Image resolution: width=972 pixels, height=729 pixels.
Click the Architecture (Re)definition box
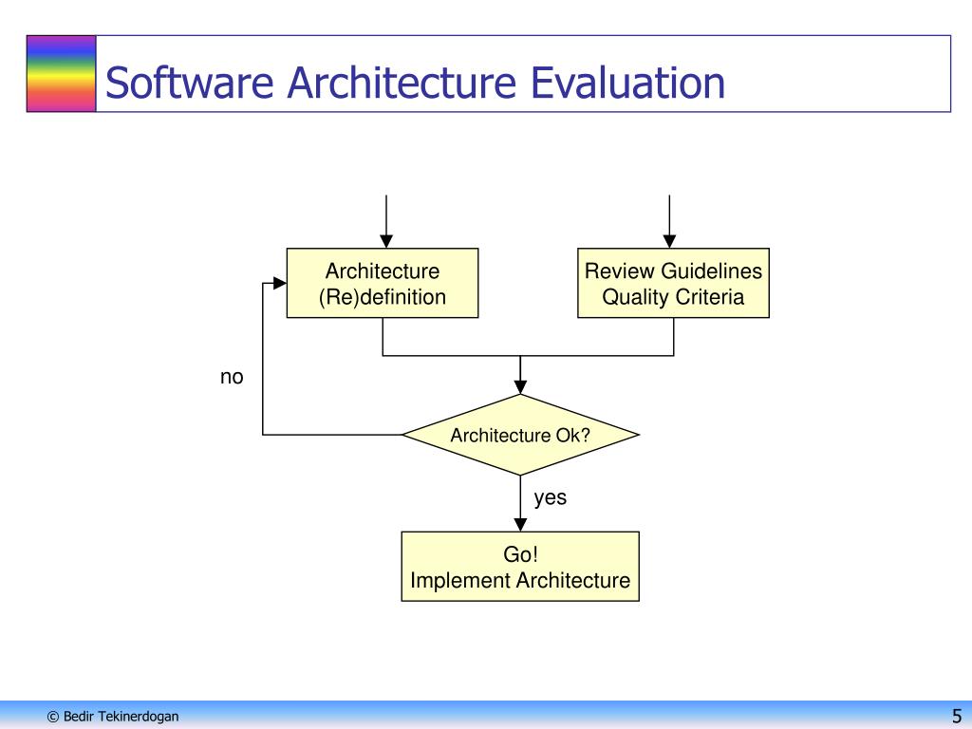[x=383, y=283]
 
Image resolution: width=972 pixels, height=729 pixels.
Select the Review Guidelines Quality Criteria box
[x=673, y=283]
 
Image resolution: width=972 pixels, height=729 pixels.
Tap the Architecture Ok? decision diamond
[x=521, y=435]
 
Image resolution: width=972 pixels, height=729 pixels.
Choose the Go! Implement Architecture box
[x=520, y=567]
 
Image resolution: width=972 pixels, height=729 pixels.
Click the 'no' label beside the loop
[x=232, y=377]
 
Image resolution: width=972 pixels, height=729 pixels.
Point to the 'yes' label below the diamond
[x=551, y=497]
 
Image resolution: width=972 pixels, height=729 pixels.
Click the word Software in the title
[x=190, y=83]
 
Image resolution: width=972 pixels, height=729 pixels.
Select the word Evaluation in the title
[x=628, y=83]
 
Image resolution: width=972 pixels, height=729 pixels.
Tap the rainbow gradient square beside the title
[x=62, y=74]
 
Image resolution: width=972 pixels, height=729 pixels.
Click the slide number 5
[x=957, y=716]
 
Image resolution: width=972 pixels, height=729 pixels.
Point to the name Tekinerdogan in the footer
[x=139, y=717]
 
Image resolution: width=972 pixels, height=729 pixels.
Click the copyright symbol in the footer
[x=53, y=717]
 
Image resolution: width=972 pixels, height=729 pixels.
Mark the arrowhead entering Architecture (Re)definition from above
[x=386, y=241]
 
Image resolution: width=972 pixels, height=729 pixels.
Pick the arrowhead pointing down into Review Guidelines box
[x=669, y=241]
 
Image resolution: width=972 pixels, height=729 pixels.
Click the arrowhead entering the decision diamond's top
[x=521, y=387]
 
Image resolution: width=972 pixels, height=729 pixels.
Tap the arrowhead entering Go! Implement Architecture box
[x=521, y=524]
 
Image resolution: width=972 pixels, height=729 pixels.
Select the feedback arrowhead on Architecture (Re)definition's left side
[x=280, y=283]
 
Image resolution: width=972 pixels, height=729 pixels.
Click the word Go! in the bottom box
[x=520, y=554]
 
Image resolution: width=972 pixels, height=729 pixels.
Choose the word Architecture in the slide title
[x=402, y=83]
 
